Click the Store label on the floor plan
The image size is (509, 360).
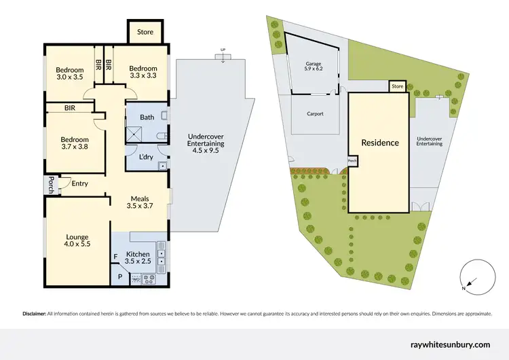tap(145, 32)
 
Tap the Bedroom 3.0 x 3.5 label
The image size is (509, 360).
tap(69, 73)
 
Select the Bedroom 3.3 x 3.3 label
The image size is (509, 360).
tap(143, 72)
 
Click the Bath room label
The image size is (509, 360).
tap(147, 117)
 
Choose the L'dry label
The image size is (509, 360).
tap(145, 158)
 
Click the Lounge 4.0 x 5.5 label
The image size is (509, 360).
tap(77, 240)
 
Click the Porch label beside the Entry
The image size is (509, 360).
tap(50, 183)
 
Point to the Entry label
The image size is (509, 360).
tap(79, 183)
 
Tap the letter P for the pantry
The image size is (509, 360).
tap(120, 277)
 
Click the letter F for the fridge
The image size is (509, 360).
tap(115, 257)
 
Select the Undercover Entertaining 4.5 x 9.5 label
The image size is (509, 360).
tap(205, 144)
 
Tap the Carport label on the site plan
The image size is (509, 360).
tap(314, 113)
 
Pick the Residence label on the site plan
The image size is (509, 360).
tap(379, 143)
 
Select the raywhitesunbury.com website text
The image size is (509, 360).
tap(451, 345)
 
